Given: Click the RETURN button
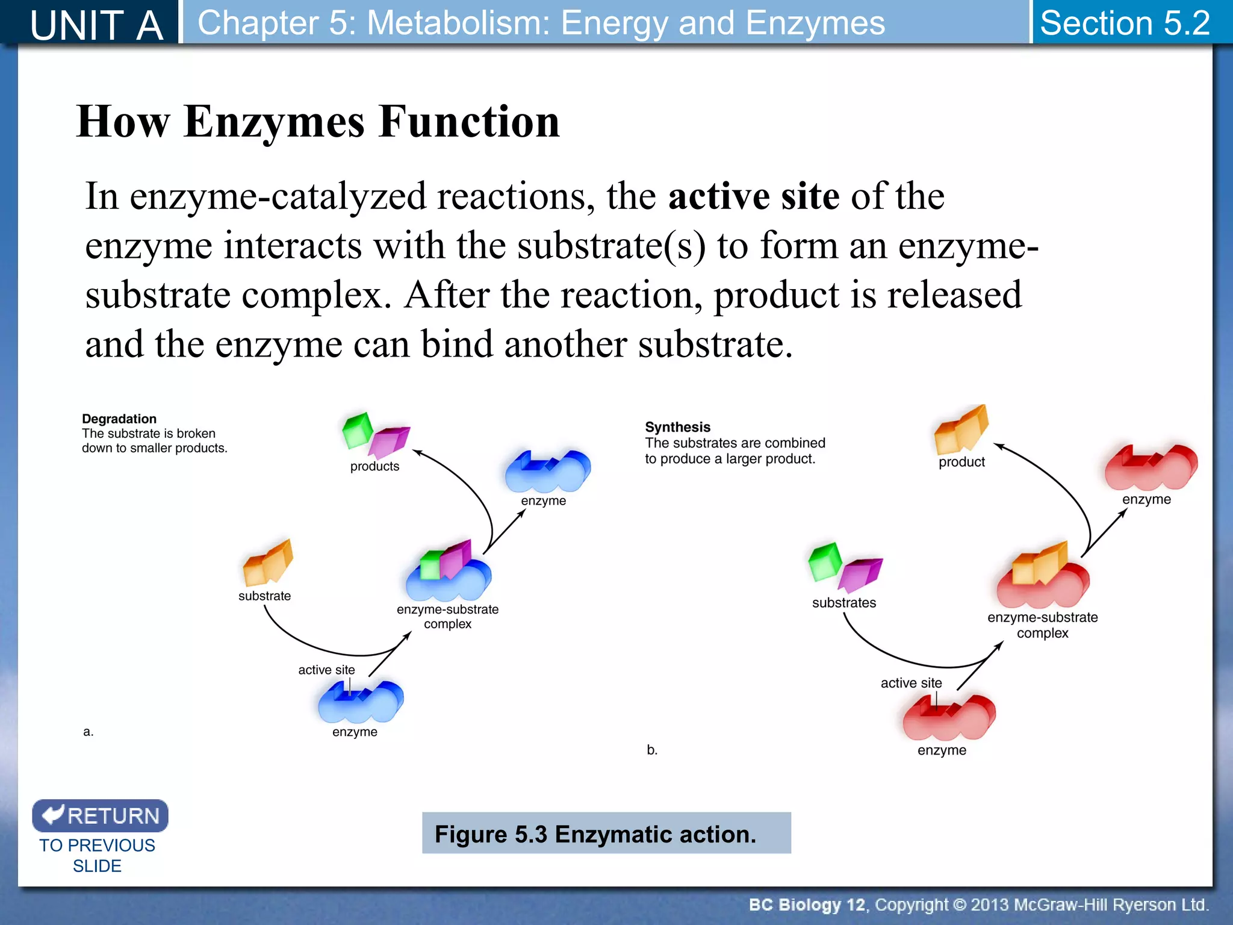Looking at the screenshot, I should pos(100,815).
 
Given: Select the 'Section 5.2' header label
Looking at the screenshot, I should pos(1125,23).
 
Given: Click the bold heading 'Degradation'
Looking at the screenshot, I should pos(119,419).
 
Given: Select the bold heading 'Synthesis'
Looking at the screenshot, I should pos(677,427).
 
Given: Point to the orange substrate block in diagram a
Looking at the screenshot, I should pos(267,564).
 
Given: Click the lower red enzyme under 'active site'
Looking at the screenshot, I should pos(948,718).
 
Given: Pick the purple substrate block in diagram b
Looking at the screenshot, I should pos(861,574).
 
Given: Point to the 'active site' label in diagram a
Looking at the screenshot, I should pos(326,670).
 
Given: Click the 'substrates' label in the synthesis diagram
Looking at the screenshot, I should pos(843,603).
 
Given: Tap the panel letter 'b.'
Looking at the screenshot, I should pos(652,750).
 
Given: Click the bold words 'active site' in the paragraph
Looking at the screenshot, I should pos(753,196).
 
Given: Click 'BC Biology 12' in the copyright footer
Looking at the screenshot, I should pos(806,905).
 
